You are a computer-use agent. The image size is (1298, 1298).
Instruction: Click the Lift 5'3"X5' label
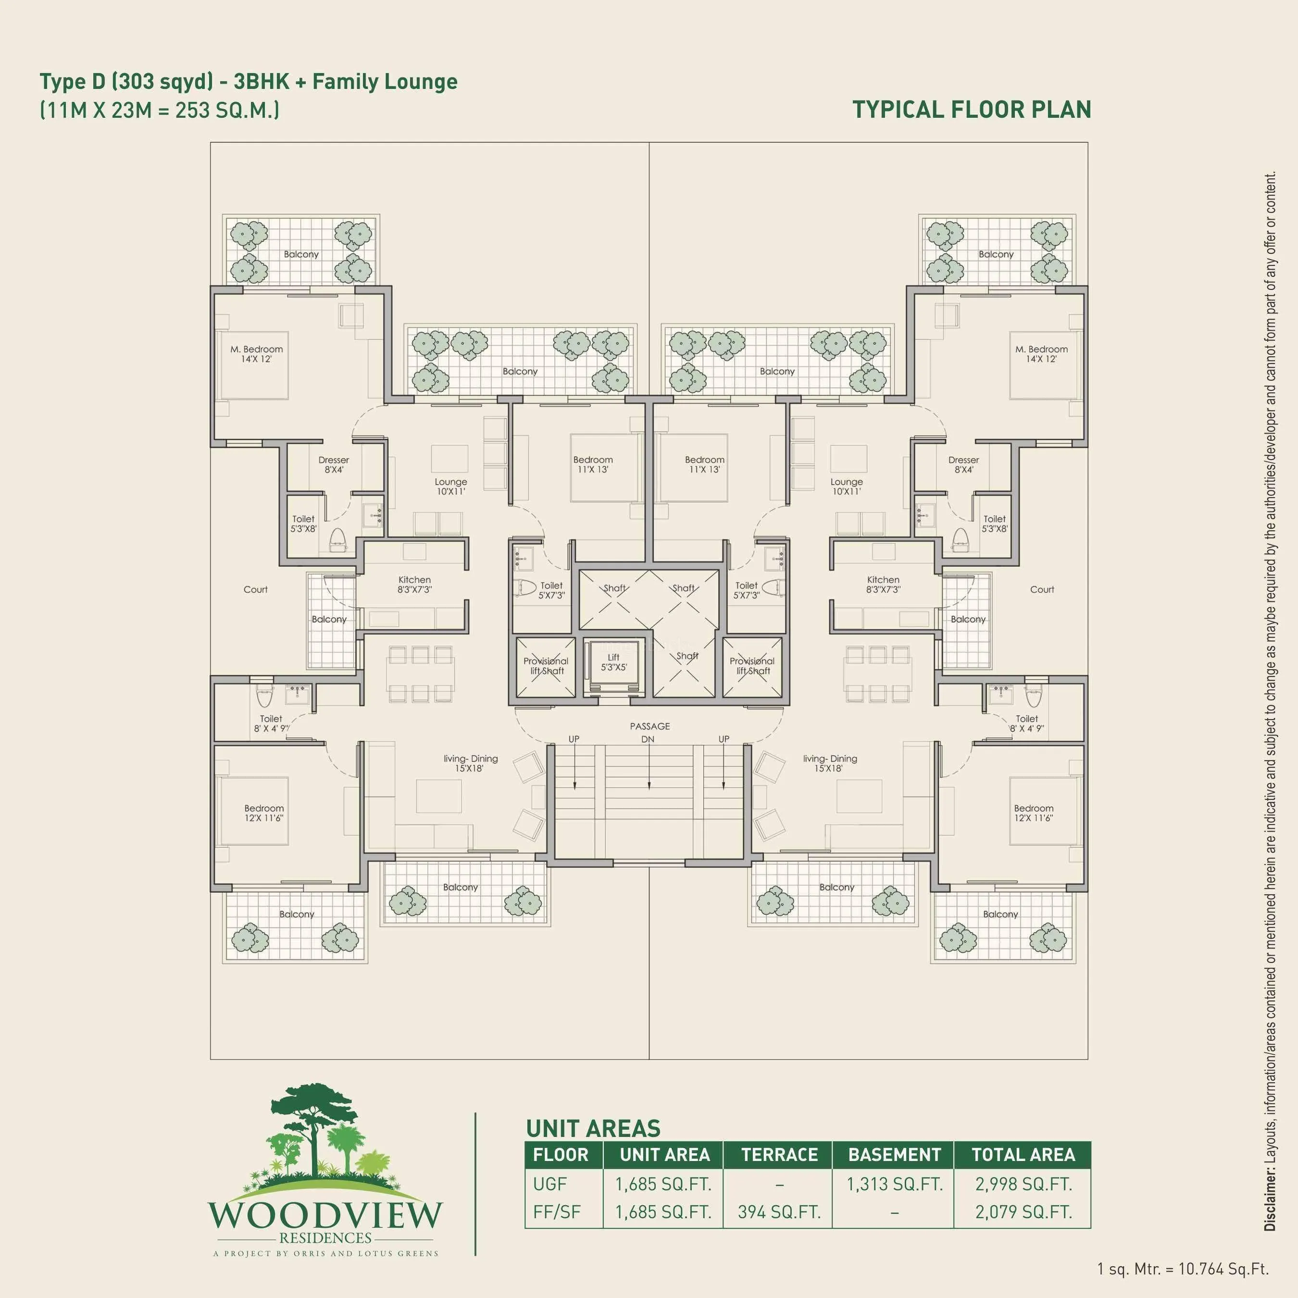point(613,662)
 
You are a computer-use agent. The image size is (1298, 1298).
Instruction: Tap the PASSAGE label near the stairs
point(649,726)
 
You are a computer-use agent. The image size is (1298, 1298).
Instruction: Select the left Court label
point(255,589)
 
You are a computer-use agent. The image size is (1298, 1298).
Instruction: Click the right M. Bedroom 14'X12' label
point(1041,354)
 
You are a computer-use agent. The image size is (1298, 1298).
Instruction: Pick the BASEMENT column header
point(894,1155)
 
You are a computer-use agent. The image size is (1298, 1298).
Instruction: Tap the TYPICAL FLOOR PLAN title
point(972,110)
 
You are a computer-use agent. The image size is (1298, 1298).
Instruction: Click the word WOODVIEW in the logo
point(325,1215)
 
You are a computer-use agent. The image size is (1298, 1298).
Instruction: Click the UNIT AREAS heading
point(593,1128)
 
